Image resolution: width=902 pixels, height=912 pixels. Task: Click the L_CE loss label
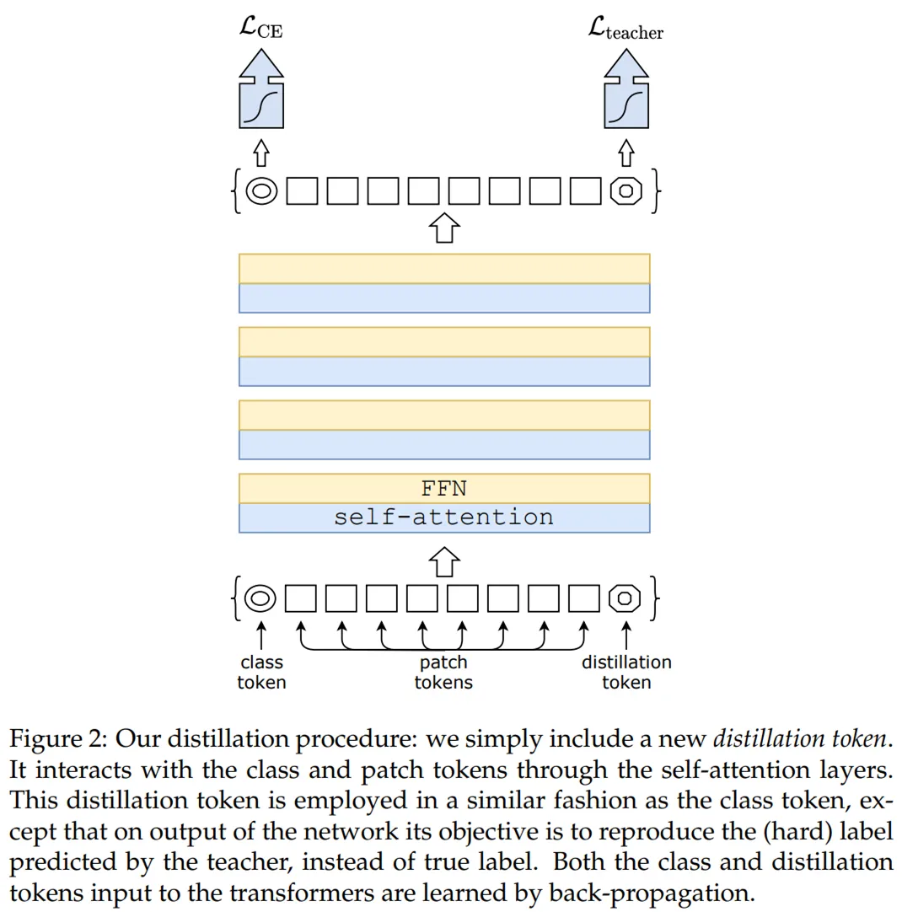click(x=261, y=30)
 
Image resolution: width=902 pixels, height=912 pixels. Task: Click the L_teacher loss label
click(x=625, y=30)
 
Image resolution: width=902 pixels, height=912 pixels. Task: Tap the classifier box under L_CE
click(x=261, y=105)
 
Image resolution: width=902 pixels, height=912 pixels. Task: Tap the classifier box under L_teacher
click(x=625, y=105)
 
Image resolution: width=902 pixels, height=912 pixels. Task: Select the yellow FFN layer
click(x=444, y=488)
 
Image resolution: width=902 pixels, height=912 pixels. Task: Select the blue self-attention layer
click(x=444, y=518)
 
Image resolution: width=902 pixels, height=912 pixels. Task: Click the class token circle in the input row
click(x=260, y=598)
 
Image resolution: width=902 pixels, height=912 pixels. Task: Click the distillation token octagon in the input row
click(x=625, y=598)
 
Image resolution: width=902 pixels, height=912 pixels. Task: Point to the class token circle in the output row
click(x=261, y=191)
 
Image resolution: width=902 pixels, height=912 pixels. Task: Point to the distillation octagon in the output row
click(x=625, y=191)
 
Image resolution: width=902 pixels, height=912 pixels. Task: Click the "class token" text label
click(x=261, y=672)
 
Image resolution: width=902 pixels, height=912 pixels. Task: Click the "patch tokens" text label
click(x=443, y=672)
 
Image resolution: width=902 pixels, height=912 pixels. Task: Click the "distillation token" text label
click(x=625, y=672)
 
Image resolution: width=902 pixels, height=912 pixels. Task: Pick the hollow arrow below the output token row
click(x=444, y=228)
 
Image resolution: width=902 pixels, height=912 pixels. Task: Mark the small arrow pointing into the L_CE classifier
click(x=261, y=153)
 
